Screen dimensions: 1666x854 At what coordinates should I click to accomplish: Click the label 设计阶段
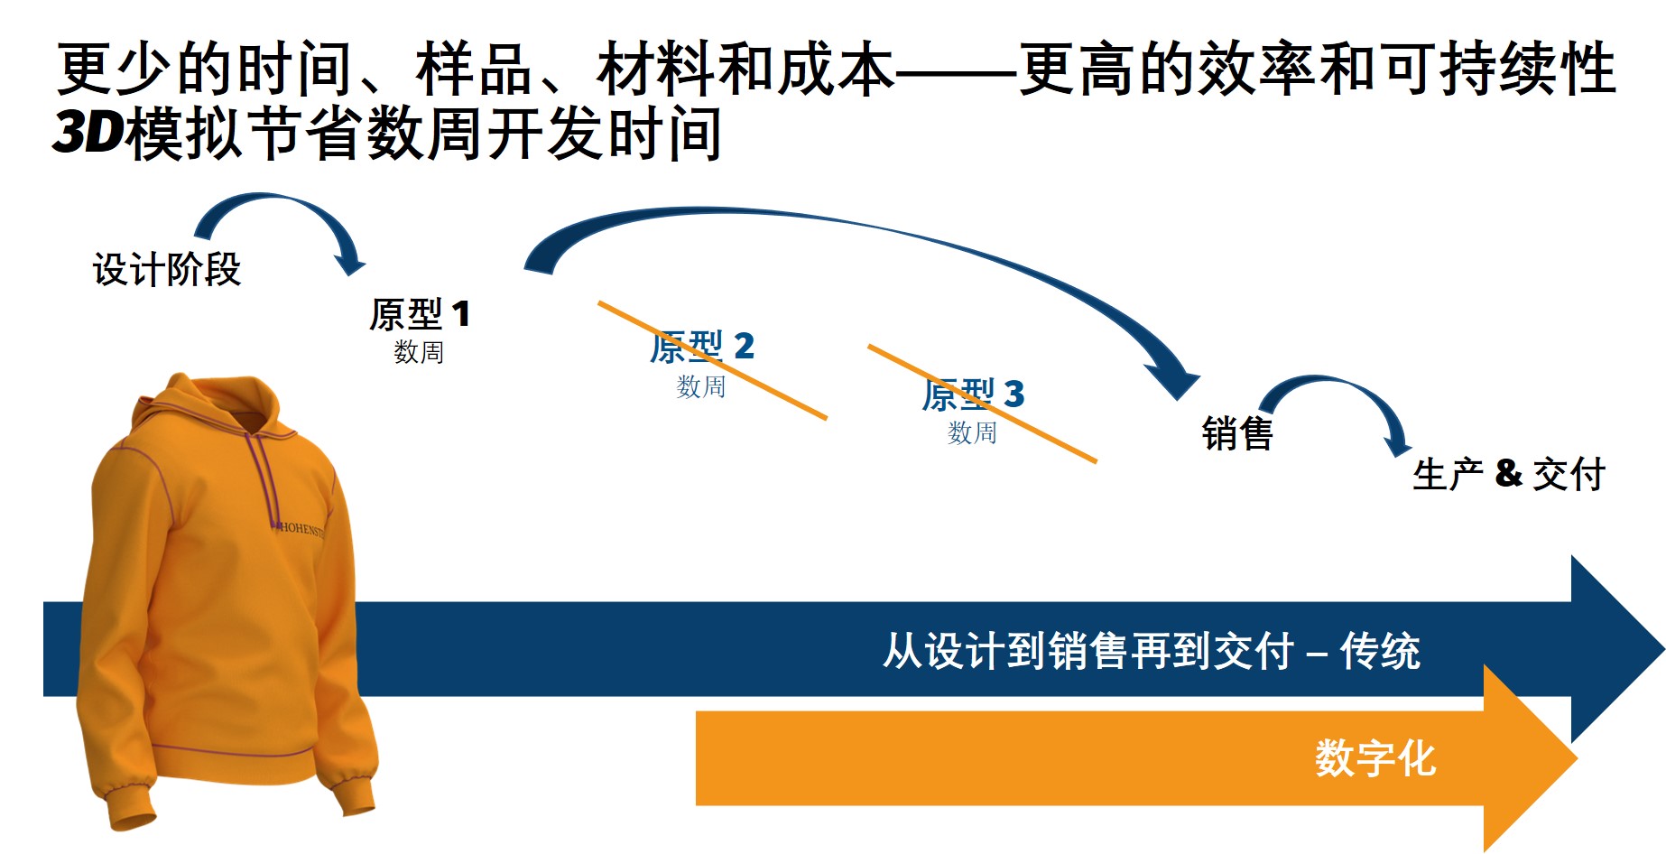pos(167,269)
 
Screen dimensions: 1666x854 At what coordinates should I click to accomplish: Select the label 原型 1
pos(420,314)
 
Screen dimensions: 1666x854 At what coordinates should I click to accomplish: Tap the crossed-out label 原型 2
pos(702,346)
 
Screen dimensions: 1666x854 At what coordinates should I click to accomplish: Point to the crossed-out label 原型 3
pos(973,394)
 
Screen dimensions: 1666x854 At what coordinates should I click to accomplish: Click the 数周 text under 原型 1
pos(419,351)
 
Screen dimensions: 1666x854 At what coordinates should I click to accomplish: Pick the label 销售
pos(1237,433)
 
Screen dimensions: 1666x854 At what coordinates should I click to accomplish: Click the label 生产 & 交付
pos(1509,474)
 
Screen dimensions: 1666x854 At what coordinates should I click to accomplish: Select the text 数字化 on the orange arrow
pos(1374,757)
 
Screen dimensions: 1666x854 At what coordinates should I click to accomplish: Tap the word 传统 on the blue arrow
pos(1380,651)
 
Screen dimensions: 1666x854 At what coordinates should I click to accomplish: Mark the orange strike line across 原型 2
pos(712,360)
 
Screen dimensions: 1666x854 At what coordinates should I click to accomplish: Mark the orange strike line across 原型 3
pos(982,404)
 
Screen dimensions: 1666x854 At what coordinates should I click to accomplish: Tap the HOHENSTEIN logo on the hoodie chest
pos(301,529)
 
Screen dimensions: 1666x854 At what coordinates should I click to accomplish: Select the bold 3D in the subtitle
pos(88,132)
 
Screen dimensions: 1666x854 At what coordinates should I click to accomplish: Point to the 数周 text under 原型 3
pos(972,432)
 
